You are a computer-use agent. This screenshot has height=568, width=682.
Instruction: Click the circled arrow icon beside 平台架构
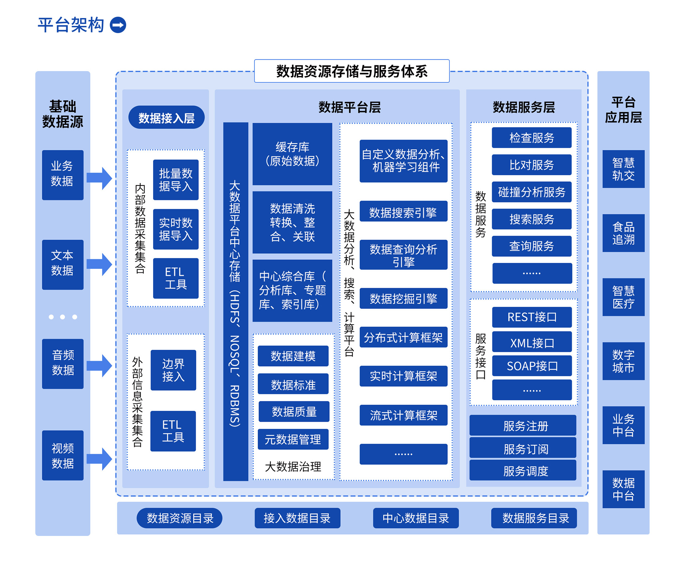tap(118, 25)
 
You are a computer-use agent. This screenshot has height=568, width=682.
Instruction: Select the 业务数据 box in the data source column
tap(62, 175)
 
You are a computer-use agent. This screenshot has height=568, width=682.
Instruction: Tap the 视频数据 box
tap(62, 455)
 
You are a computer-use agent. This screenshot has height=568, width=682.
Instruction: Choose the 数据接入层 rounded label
tap(166, 118)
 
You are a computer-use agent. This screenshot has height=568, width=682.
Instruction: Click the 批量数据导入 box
tap(176, 180)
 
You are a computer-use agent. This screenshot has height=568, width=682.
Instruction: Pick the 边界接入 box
tap(173, 370)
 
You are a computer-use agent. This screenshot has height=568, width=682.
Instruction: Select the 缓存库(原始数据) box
tap(292, 154)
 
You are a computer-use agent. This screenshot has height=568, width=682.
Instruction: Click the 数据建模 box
tap(293, 356)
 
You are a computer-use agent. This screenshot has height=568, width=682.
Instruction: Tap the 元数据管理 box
tap(293, 439)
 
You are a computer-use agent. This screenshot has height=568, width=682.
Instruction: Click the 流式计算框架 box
tap(403, 415)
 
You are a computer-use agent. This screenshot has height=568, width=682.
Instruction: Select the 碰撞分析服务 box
tap(531, 192)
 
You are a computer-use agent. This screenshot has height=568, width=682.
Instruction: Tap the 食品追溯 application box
tap(623, 233)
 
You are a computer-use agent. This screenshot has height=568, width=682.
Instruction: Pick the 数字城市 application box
tap(623, 361)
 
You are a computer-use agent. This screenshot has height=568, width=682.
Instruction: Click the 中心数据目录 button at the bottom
tap(415, 518)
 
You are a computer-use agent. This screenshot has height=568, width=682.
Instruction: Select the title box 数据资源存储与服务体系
tap(352, 71)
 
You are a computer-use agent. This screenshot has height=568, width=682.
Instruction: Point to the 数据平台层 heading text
tap(350, 107)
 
